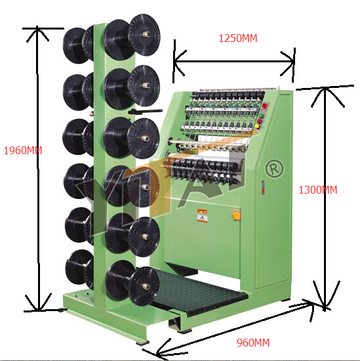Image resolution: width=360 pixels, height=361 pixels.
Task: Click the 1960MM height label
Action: click(x=23, y=150)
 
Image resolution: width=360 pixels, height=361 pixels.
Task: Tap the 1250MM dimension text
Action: click(x=238, y=38)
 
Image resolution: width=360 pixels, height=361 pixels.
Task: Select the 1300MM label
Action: click(x=318, y=190)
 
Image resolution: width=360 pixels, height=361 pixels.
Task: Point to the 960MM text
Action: click(x=253, y=343)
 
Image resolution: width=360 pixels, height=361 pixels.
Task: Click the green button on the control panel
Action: click(x=261, y=115)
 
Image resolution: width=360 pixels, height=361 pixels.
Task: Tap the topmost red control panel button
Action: click(x=265, y=106)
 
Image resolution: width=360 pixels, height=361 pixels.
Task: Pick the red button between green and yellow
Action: click(x=259, y=121)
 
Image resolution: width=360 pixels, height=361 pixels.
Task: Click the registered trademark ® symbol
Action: click(x=275, y=169)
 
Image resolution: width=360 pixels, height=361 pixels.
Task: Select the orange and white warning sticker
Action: click(x=202, y=216)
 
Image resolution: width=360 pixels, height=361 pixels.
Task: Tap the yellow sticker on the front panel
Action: click(x=236, y=215)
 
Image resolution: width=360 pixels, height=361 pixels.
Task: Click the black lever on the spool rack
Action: click(x=145, y=112)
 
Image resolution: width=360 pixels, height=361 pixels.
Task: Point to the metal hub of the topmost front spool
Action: click(x=146, y=35)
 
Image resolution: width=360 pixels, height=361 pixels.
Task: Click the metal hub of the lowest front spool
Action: click(x=146, y=286)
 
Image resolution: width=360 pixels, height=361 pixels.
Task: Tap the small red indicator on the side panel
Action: click(x=263, y=190)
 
